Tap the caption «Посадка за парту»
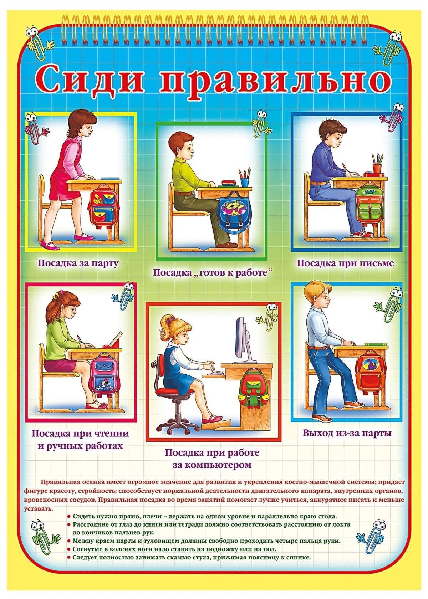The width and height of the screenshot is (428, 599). tap(78, 263)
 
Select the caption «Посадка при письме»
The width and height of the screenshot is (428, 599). tap(345, 263)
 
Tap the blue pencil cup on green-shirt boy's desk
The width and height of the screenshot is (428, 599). tap(245, 182)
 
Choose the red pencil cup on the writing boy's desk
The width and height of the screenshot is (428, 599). tap(377, 168)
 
